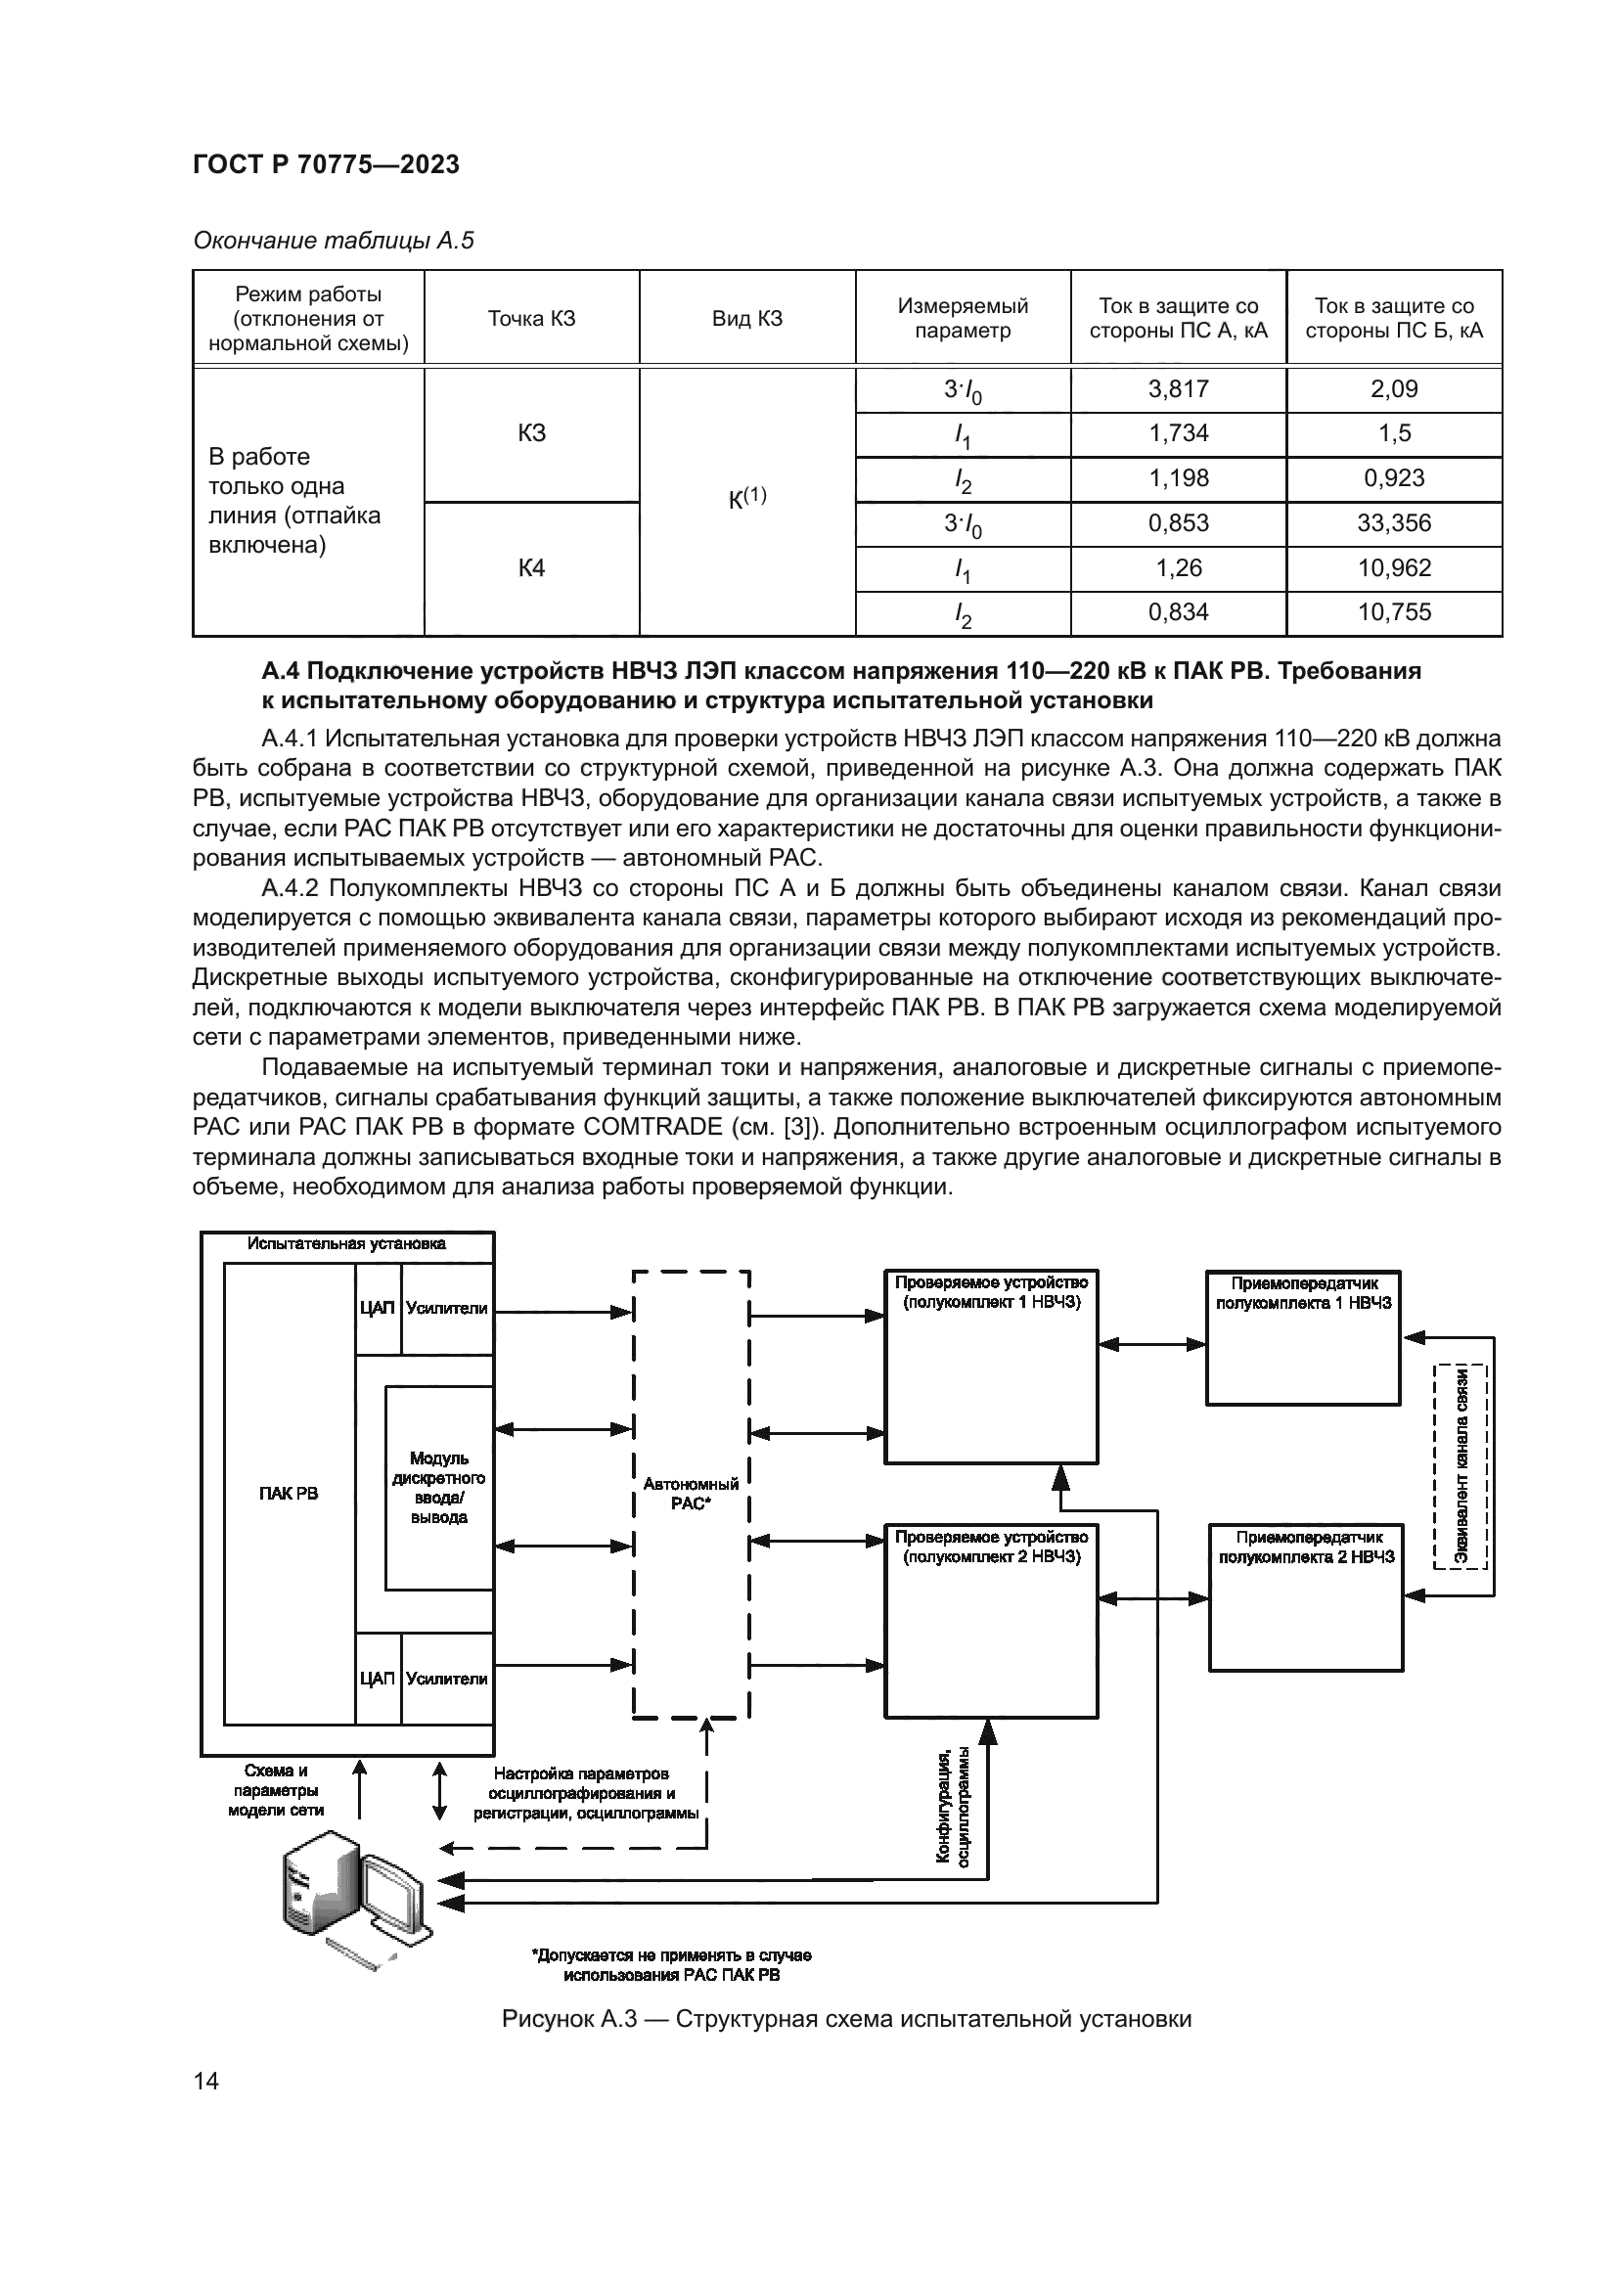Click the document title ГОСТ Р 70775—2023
(326, 165)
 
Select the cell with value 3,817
(1178, 389)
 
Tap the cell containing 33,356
(1393, 523)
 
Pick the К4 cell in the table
(531, 568)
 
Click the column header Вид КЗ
(746, 319)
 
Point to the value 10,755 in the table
(1393, 613)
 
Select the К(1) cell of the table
(746, 498)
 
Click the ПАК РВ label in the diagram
(288, 1493)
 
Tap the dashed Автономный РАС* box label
(691, 1494)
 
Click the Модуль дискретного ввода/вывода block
(439, 1488)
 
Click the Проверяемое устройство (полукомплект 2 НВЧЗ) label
(991, 1547)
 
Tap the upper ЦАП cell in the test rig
(378, 1309)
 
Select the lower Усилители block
(447, 1680)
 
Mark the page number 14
(206, 2081)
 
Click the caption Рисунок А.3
(846, 2019)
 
